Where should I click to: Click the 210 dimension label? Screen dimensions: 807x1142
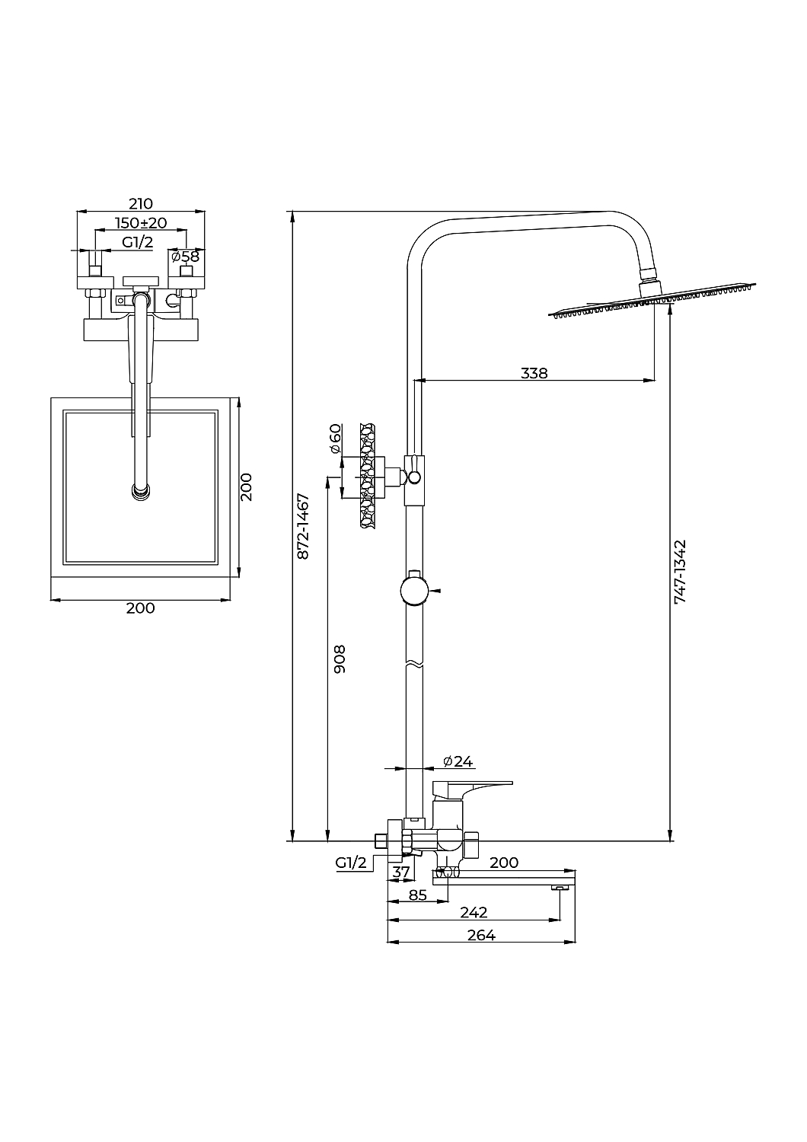pyautogui.click(x=141, y=204)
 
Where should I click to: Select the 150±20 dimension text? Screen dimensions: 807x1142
pyautogui.click(x=141, y=223)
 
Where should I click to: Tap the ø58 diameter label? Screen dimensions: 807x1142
pyautogui.click(x=186, y=256)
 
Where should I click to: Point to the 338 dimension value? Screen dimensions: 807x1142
pyautogui.click(x=534, y=373)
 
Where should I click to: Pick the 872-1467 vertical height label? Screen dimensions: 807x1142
pyautogui.click(x=303, y=526)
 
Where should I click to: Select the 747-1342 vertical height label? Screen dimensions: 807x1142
pyautogui.click(x=680, y=572)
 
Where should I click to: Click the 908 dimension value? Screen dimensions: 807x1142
pyautogui.click(x=340, y=659)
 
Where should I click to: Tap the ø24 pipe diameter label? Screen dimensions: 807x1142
pyautogui.click(x=458, y=776)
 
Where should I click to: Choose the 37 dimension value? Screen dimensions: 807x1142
pyautogui.click(x=400, y=872)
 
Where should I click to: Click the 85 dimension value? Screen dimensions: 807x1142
pyautogui.click(x=417, y=895)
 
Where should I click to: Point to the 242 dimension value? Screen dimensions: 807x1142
pyautogui.click(x=474, y=912)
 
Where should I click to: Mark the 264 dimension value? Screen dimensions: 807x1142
pyautogui.click(x=482, y=935)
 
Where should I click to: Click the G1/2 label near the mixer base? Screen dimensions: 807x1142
pyautogui.click(x=351, y=863)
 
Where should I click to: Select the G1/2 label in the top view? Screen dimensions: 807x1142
pyautogui.click(x=137, y=242)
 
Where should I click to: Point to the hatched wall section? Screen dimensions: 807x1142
pyautogui.click(x=367, y=475)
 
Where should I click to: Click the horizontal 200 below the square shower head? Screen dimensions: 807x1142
pyautogui.click(x=141, y=608)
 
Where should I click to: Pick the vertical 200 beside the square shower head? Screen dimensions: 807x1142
pyautogui.click(x=246, y=487)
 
